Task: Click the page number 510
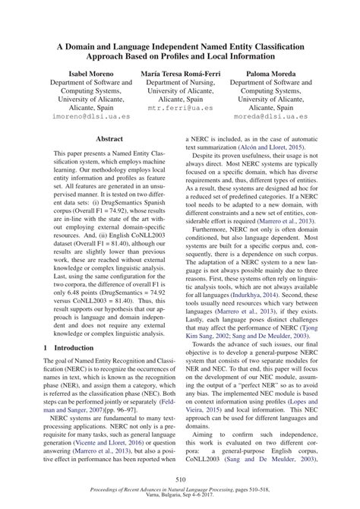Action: [x=180, y=479]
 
